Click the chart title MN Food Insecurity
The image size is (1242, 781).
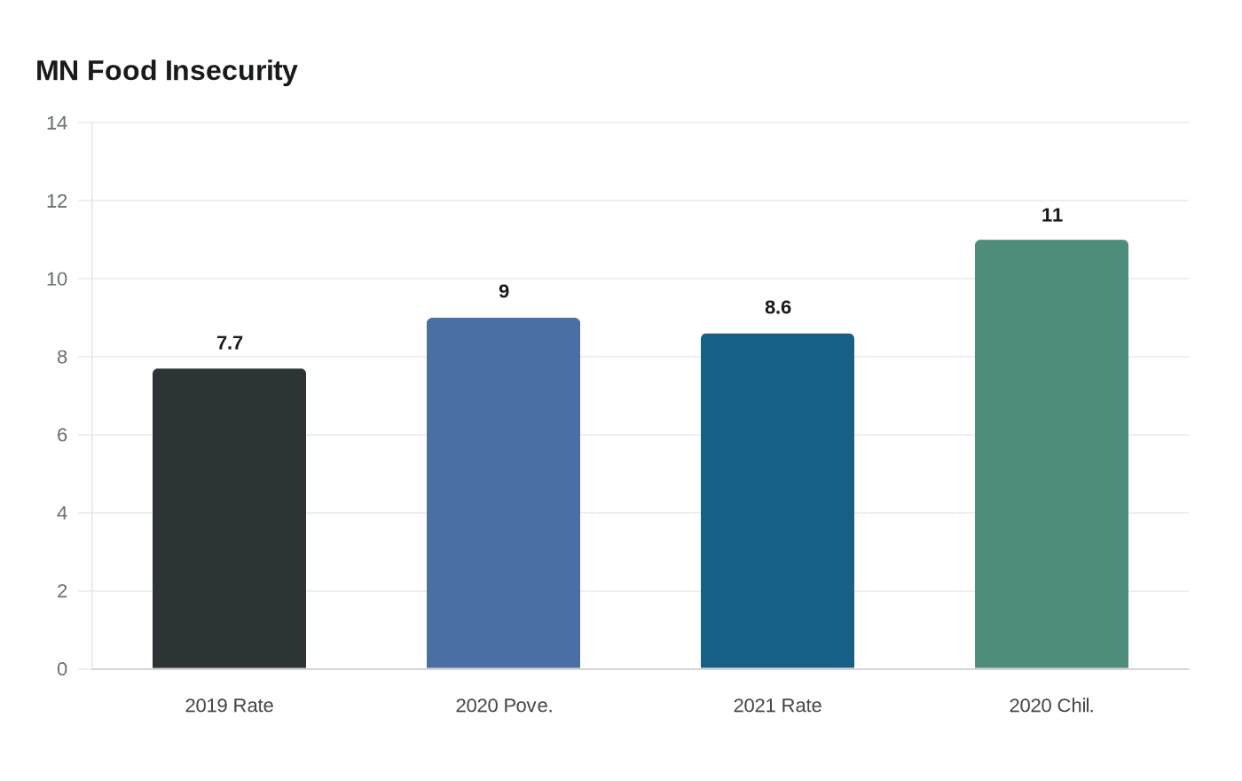[x=167, y=71]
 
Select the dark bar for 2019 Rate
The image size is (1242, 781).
[x=229, y=518]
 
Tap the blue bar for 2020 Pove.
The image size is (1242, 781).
[x=503, y=493]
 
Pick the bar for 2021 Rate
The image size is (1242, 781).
[x=777, y=501]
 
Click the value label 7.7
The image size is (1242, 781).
[x=230, y=343]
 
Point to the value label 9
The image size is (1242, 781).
[x=504, y=292]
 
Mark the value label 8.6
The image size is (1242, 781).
[x=778, y=308]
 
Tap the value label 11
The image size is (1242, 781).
[x=1052, y=216]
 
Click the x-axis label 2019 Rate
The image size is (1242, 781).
[x=229, y=706]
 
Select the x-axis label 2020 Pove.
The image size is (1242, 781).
[x=504, y=706]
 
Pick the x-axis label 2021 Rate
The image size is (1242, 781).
[x=777, y=706]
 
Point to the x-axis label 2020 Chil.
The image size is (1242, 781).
[x=1051, y=706]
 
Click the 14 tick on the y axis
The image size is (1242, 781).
[x=57, y=123]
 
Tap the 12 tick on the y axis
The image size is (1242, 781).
[x=57, y=201]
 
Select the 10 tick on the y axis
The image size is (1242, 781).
[x=57, y=280]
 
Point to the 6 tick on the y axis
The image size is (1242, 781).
[x=62, y=435]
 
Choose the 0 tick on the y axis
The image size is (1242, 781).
[x=62, y=669]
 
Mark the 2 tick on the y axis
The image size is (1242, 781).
[x=62, y=591]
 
